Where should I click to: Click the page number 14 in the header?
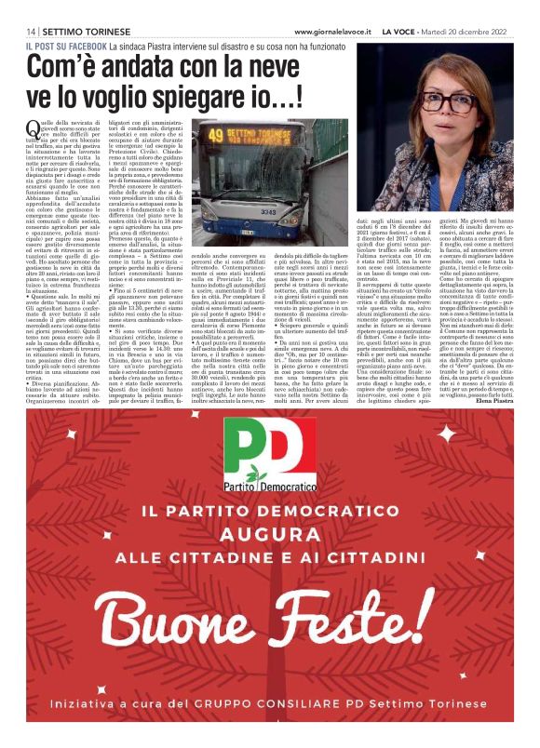point(32,32)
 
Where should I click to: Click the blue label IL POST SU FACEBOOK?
point(65,45)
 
